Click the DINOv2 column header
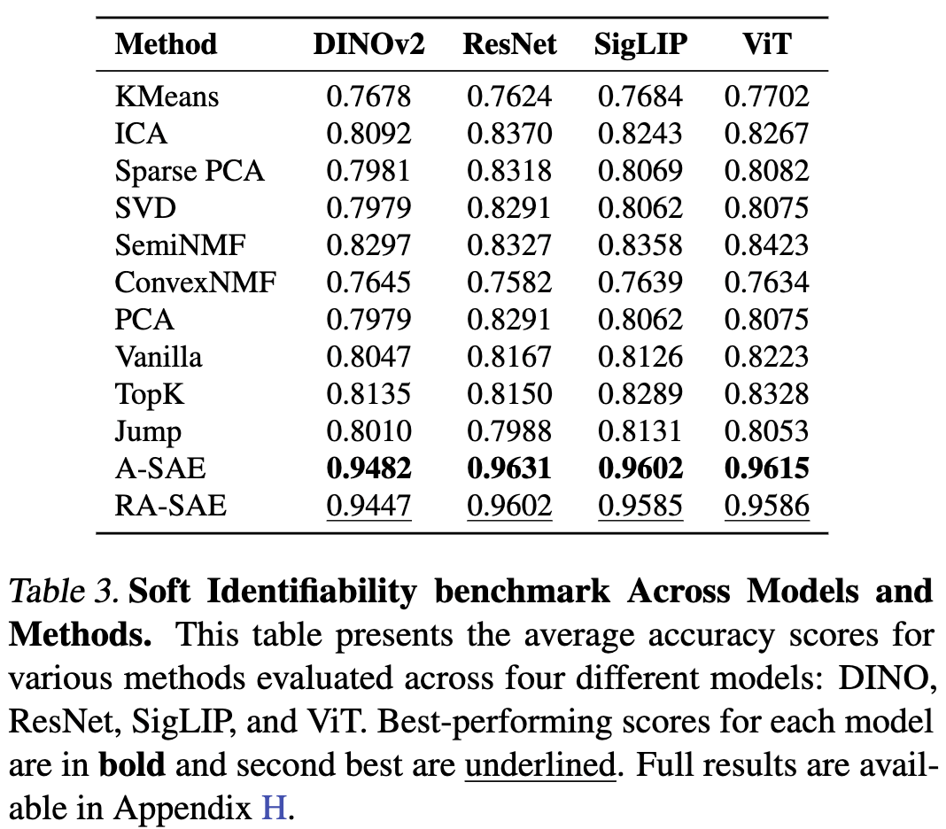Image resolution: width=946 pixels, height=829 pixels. click(368, 44)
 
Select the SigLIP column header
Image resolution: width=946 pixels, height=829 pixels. click(640, 44)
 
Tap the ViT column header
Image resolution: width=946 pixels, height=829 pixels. click(766, 44)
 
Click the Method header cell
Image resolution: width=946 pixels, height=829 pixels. click(166, 44)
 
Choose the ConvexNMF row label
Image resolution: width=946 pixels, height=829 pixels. click(196, 283)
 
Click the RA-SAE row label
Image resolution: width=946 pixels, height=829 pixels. click(170, 506)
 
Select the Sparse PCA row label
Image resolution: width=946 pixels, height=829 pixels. click(190, 171)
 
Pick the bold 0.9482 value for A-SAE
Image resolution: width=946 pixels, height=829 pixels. click(368, 469)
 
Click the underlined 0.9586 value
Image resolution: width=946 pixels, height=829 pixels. click(766, 506)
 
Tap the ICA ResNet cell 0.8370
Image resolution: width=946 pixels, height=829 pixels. click(509, 134)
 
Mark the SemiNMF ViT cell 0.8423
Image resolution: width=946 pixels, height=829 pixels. click(766, 245)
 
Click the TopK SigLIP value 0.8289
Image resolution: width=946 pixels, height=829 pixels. click(640, 394)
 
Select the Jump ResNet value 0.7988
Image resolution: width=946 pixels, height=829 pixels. click(509, 431)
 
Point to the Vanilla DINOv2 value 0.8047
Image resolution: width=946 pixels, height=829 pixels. click(368, 357)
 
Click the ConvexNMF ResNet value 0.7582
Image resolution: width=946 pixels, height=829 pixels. click(509, 283)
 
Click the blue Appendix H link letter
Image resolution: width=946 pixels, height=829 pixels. click(272, 809)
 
